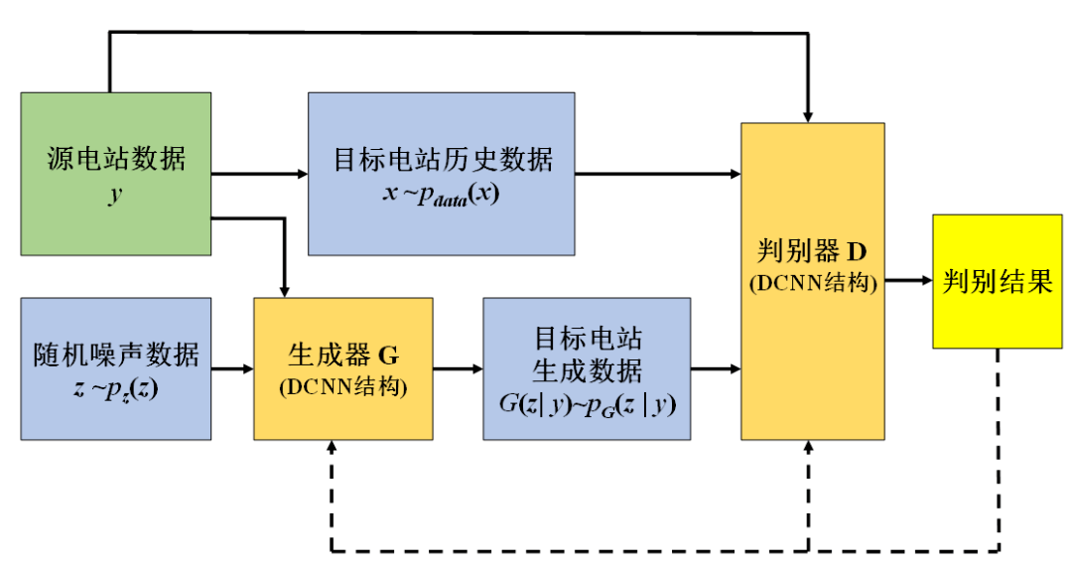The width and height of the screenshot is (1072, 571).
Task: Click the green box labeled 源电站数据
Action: click(115, 174)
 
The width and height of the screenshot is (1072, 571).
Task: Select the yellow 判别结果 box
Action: click(997, 281)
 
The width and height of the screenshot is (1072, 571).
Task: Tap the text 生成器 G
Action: click(342, 355)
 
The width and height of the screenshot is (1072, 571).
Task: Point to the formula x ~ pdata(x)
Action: click(441, 193)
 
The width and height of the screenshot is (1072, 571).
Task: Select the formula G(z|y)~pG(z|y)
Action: click(587, 403)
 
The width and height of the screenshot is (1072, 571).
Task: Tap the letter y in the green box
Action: click(115, 193)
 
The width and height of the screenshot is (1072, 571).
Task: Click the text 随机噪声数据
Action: click(115, 355)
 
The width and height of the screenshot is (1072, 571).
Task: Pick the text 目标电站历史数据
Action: click(442, 159)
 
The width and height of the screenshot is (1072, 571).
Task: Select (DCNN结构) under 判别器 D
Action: click(812, 283)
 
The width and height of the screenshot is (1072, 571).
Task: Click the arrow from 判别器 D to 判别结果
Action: click(908, 281)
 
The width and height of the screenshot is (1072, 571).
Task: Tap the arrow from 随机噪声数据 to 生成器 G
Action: click(232, 369)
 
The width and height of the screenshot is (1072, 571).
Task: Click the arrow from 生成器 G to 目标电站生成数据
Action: click(458, 369)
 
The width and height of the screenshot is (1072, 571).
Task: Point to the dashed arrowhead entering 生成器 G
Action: click(330, 449)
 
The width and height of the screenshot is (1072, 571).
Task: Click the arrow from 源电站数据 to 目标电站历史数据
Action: click(260, 175)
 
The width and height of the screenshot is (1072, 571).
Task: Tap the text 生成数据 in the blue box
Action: click(587, 370)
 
